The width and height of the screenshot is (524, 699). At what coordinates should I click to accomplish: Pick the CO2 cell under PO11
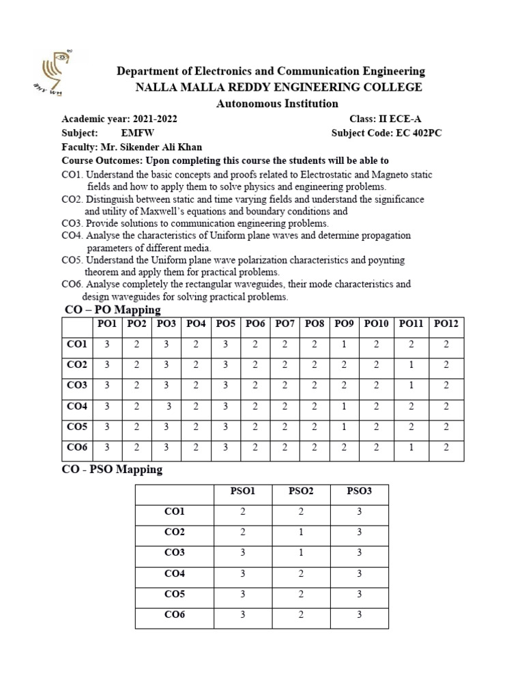point(411,365)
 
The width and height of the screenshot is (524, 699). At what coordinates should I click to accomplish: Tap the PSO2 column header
point(301,491)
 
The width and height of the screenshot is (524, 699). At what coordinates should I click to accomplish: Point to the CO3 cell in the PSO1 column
point(243,553)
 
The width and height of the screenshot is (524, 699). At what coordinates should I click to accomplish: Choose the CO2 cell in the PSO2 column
point(301,532)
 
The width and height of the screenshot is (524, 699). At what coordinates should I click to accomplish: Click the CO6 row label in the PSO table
point(174,615)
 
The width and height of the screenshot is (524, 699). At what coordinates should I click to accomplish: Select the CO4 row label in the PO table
point(77,407)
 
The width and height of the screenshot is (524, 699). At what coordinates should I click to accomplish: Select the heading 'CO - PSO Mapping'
point(113,470)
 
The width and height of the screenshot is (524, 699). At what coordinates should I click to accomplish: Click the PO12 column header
point(446,324)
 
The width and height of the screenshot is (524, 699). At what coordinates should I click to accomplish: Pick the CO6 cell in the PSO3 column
point(359,615)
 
